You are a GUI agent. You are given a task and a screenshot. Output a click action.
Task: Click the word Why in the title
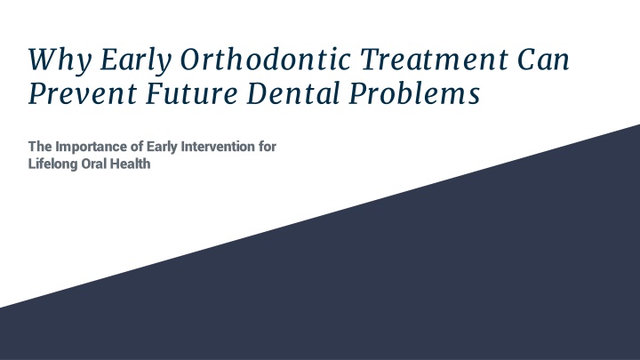60,61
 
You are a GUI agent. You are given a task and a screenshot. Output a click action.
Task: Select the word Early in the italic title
135,61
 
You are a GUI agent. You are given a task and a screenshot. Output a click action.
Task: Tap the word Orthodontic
265,60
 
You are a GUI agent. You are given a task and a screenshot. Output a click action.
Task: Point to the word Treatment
435,60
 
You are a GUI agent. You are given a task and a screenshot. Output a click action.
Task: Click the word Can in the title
543,60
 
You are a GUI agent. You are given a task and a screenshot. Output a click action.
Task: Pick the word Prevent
83,93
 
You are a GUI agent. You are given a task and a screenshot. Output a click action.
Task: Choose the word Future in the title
191,93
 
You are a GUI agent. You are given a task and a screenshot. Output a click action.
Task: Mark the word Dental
293,93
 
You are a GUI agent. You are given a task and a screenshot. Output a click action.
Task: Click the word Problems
414,93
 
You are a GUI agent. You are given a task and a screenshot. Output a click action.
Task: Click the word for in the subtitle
268,146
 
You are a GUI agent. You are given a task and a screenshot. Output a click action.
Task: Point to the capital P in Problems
358,93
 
